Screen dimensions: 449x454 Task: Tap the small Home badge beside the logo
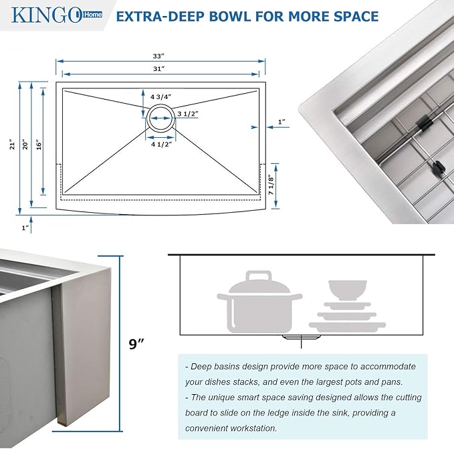pos(94,15)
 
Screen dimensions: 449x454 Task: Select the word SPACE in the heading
pos(354,15)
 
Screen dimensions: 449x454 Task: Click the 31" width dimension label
pos(158,69)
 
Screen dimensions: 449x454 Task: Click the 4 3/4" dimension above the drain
pos(160,97)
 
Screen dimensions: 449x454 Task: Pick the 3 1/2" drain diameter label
pos(187,114)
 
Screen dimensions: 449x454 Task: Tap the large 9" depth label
pos(136,344)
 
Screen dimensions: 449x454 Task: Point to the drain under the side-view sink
pos(300,338)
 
